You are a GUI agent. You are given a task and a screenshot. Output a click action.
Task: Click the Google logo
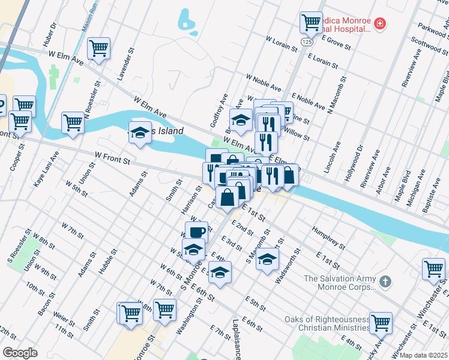20,353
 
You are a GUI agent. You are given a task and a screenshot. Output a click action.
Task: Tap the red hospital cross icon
379,24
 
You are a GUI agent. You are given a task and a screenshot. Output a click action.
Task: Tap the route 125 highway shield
307,42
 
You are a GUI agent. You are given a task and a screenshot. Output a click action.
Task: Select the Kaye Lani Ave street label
46,169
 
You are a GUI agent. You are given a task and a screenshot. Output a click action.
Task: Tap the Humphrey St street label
328,238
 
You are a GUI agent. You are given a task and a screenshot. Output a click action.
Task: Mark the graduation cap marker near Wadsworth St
267,260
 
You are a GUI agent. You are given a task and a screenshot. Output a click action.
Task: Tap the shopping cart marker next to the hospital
311,23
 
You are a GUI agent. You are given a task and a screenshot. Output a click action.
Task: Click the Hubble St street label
107,261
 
